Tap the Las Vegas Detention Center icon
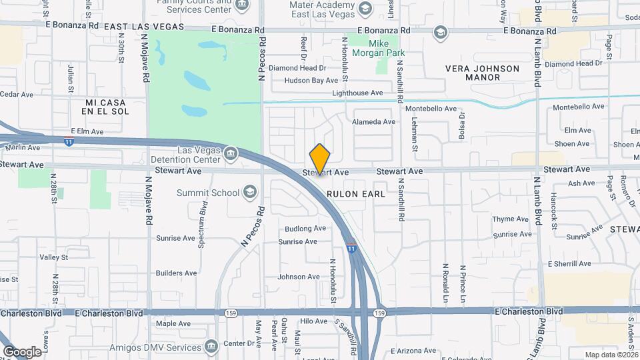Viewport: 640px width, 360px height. click(231, 154)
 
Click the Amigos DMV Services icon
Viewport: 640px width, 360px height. click(211, 346)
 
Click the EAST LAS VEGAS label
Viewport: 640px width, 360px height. click(144, 27)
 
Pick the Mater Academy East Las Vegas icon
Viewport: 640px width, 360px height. click(365, 9)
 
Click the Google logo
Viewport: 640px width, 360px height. click(21, 351)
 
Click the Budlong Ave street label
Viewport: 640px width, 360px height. click(305, 228)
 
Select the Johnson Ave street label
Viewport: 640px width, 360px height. click(299, 277)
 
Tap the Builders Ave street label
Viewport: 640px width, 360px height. click(176, 273)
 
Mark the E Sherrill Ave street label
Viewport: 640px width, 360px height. click(569, 263)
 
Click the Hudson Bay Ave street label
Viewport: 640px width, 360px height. click(311, 81)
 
